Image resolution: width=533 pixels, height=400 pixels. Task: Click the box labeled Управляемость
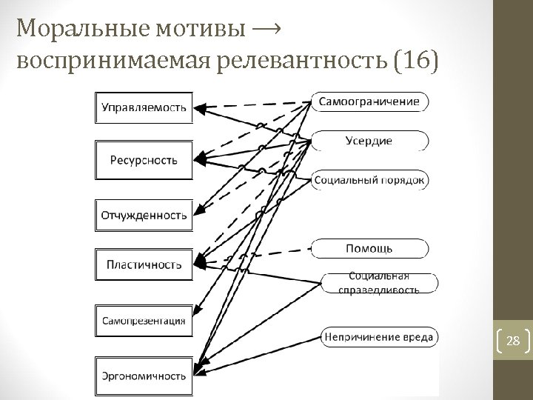tap(144, 107)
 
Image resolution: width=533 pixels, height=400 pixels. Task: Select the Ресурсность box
tap(144, 159)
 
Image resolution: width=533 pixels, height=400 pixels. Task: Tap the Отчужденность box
tap(144, 216)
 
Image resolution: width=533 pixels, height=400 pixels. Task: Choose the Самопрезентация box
tap(144, 321)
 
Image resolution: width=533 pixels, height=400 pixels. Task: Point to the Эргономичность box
tap(144, 376)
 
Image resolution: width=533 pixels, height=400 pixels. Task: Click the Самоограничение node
tap(369, 101)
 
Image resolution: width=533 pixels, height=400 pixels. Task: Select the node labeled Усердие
tap(369, 140)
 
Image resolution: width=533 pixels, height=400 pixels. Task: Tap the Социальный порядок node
tap(369, 180)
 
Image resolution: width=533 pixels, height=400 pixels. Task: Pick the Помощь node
tap(369, 247)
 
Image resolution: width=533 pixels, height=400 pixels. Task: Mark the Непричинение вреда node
tap(378, 337)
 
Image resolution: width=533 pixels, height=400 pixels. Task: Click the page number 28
tap(512, 341)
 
